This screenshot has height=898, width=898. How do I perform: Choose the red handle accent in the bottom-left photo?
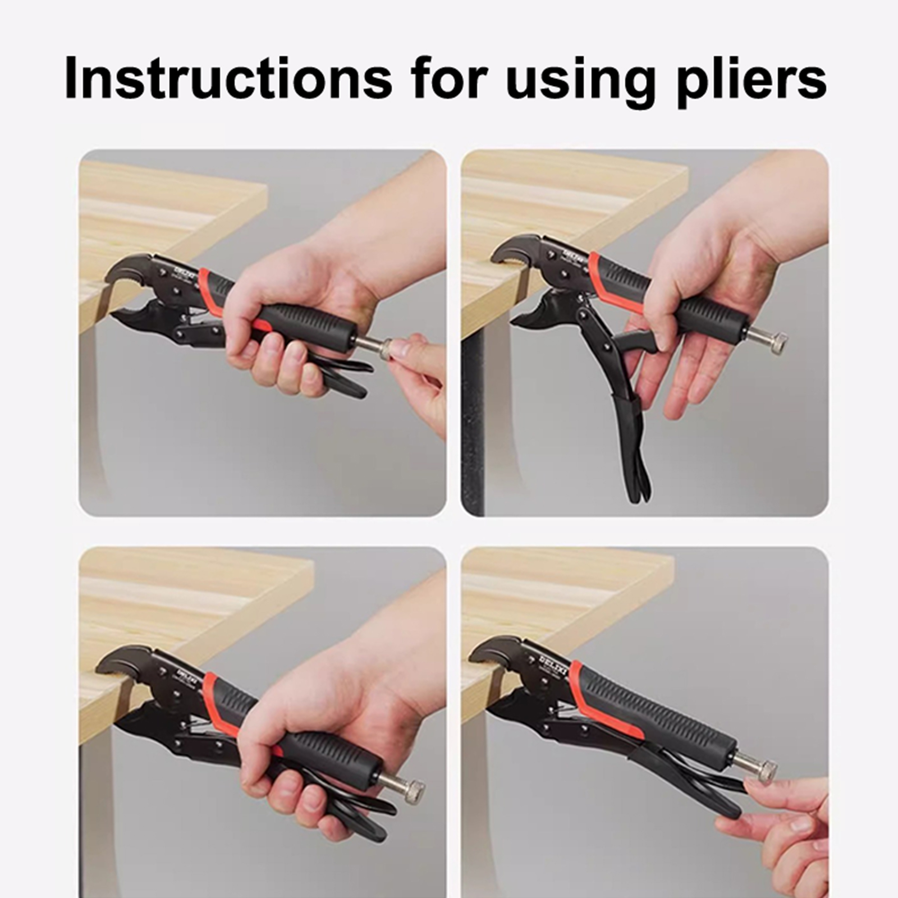[222, 702]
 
